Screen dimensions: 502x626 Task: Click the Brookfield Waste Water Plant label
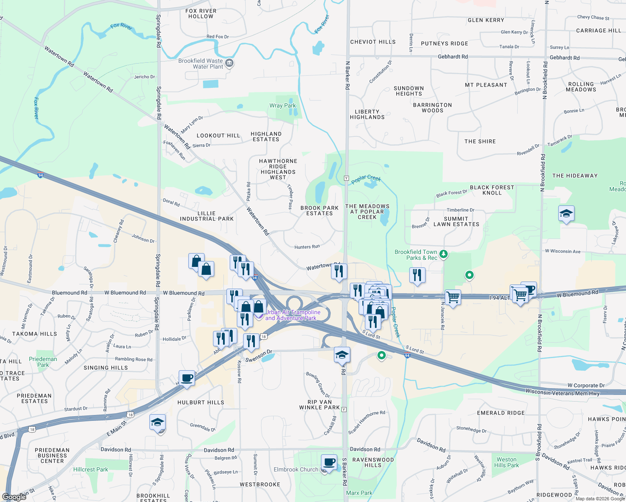[200, 64]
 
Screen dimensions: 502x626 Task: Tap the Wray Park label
[282, 106]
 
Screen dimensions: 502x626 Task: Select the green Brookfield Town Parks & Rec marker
[444, 254]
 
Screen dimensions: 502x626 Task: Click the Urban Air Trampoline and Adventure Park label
[293, 315]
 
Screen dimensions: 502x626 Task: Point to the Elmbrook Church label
[296, 470]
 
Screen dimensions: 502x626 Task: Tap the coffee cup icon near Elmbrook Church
[329, 462]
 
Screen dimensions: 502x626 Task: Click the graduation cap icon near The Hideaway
[566, 214]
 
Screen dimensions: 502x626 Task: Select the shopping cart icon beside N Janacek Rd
[453, 297]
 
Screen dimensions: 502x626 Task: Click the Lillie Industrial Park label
[207, 216]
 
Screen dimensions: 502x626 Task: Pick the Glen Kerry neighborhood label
[486, 20]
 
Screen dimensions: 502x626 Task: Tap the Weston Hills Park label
[506, 462]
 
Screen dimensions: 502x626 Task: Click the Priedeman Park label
[43, 362]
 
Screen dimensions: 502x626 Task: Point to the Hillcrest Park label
[90, 470]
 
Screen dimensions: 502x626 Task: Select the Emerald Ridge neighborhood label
[501, 413]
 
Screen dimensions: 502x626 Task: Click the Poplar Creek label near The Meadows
[366, 179]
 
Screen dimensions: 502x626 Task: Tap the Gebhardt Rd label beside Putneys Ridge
[453, 56]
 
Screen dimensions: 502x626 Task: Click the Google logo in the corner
[14, 497]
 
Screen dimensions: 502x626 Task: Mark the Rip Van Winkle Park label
[320, 405]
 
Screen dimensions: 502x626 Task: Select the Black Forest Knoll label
[492, 190]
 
